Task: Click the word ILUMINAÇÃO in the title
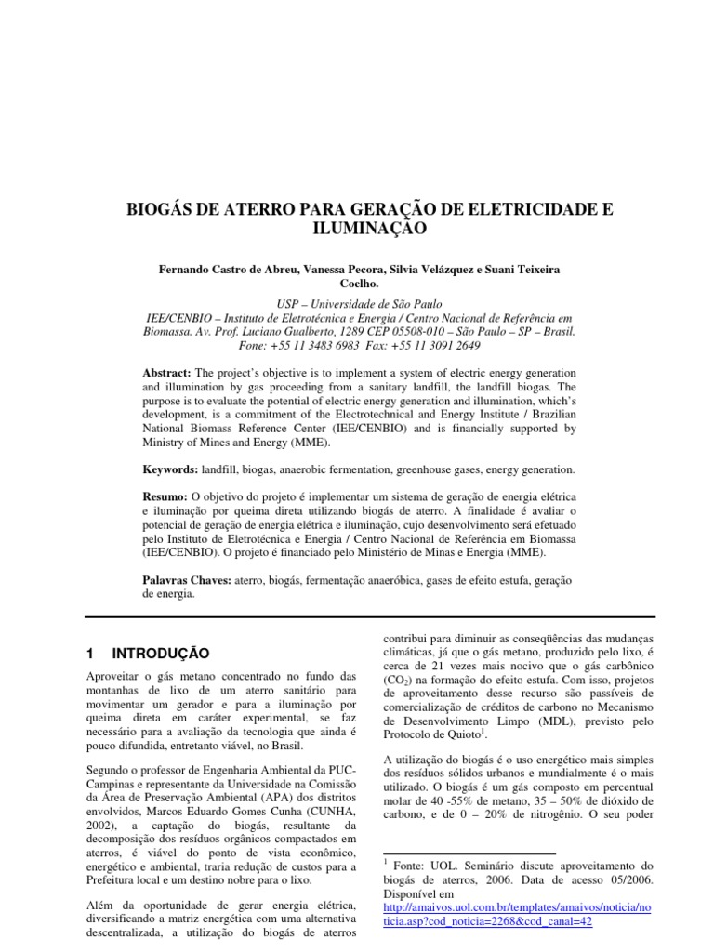(356, 227)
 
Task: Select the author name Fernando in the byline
(186, 270)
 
